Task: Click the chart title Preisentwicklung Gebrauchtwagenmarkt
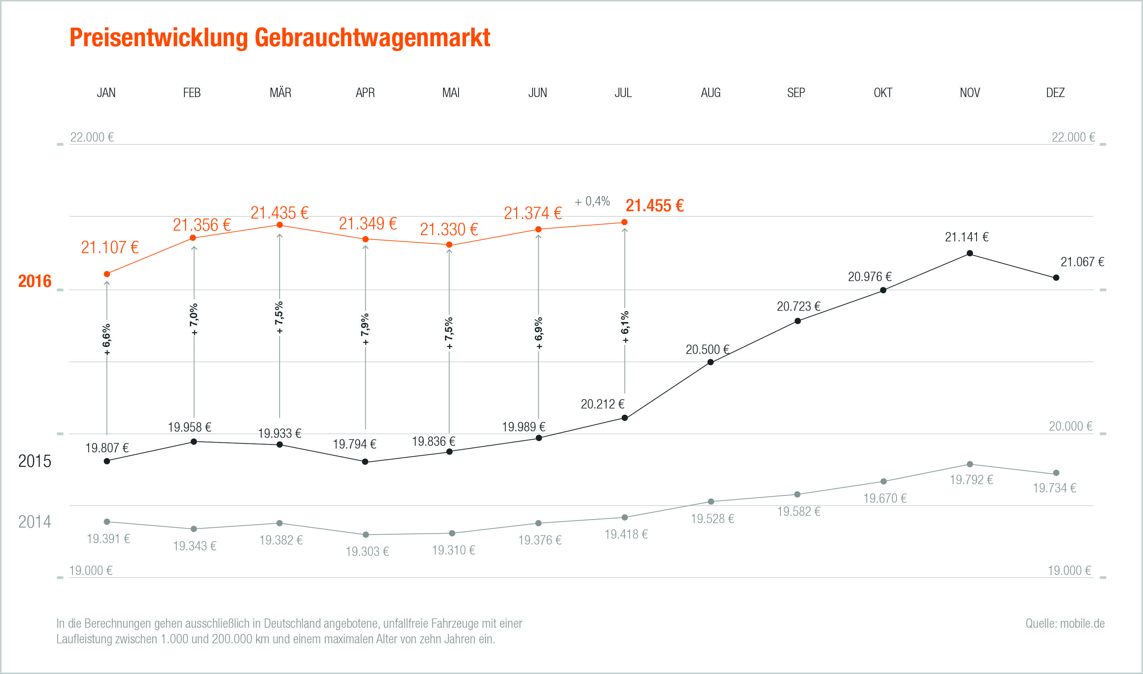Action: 280,38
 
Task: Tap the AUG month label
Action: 710,93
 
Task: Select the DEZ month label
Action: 1055,93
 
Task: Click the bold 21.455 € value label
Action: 655,206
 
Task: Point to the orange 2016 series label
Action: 35,281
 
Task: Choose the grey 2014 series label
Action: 35,522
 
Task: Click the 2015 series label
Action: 35,461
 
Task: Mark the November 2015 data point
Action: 970,253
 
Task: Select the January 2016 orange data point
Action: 107,274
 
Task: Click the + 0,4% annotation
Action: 592,201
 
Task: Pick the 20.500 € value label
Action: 707,350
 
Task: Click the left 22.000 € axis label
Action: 92,137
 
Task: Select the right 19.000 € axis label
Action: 1069,570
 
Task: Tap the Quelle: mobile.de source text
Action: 1065,623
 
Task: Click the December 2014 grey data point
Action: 1056,473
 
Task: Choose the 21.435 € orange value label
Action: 279,213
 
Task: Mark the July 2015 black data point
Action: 624,418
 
